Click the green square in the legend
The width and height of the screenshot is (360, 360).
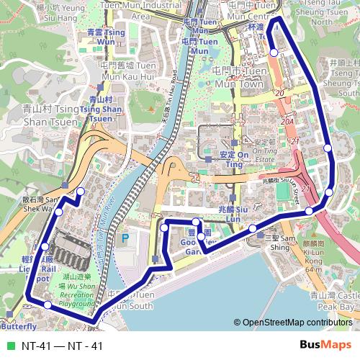point(9,346)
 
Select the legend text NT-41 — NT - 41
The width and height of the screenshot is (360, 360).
point(62,346)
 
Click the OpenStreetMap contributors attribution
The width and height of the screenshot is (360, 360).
point(295,323)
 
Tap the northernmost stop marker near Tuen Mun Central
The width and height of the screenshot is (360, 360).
point(274,52)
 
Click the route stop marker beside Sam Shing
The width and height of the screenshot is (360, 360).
point(253,229)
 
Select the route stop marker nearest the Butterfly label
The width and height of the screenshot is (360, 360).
point(48,305)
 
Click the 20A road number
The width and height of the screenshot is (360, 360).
point(288,123)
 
